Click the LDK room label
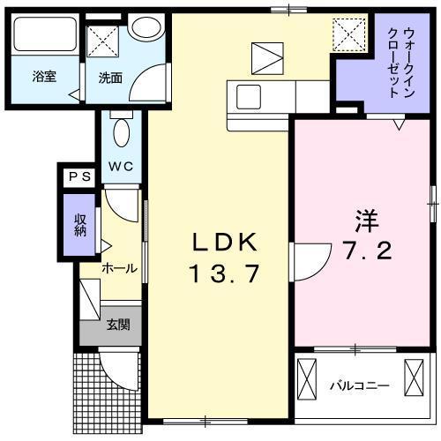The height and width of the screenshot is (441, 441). (x=224, y=242)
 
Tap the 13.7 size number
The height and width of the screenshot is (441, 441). (x=224, y=273)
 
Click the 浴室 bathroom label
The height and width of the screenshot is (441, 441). (x=44, y=76)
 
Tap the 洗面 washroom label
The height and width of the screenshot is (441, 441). (x=110, y=76)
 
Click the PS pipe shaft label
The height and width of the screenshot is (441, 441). (x=80, y=176)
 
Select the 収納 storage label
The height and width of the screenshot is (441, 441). (x=80, y=224)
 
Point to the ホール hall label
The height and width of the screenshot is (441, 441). (x=118, y=267)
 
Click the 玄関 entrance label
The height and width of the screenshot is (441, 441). (x=119, y=325)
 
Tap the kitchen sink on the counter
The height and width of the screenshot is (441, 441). (x=244, y=93)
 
